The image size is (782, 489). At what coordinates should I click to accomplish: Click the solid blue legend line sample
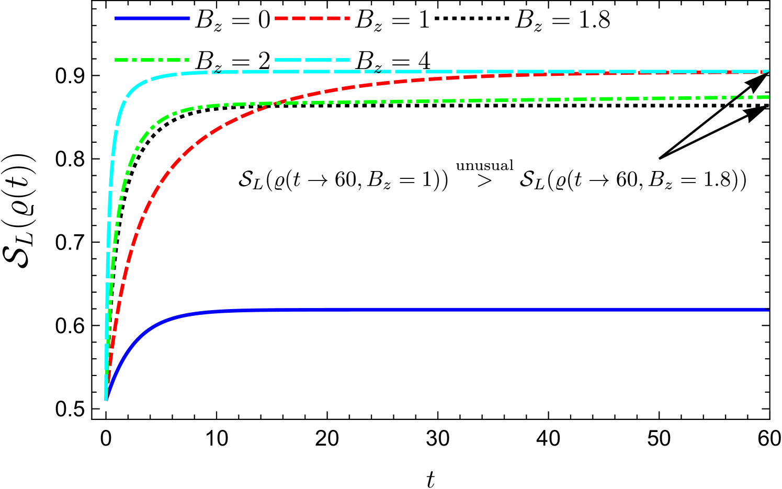(152, 18)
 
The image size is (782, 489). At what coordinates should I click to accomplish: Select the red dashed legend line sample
(312, 18)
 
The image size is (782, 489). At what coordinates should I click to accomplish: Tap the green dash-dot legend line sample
(152, 60)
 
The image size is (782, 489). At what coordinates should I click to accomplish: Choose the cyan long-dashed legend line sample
(312, 60)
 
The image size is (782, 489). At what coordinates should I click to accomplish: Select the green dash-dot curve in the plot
(471, 100)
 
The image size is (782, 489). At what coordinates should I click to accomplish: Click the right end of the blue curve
(768, 310)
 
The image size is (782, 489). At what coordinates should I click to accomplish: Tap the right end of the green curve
(768, 97)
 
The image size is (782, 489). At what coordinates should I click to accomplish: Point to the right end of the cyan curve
(768, 71)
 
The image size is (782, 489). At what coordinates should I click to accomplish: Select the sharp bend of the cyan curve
(131, 92)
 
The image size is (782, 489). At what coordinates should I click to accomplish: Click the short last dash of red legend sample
(347, 18)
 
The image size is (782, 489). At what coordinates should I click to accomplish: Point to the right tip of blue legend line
(189, 18)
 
